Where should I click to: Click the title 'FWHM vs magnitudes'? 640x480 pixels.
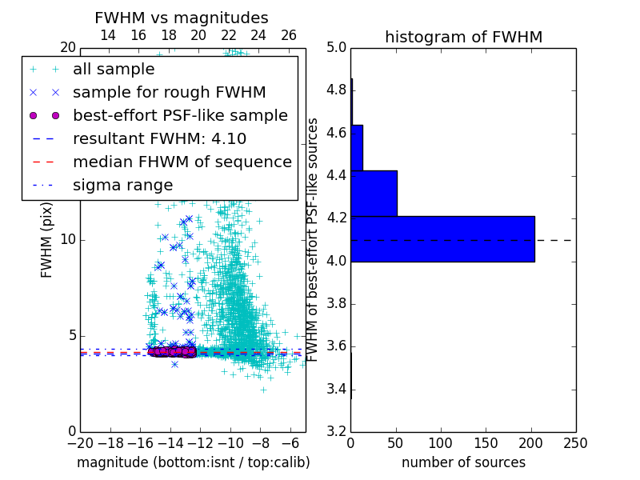pyautogui.click(x=181, y=18)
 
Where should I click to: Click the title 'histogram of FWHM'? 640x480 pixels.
pyautogui.click(x=463, y=37)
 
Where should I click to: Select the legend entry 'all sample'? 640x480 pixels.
pyautogui.click(x=114, y=70)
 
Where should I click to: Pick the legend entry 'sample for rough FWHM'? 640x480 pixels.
pyautogui.click(x=169, y=92)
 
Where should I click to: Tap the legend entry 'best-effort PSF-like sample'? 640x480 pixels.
pyautogui.click(x=180, y=115)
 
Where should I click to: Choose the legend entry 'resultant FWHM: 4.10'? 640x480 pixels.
pyautogui.click(x=159, y=138)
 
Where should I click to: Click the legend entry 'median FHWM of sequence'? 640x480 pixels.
pyautogui.click(x=182, y=162)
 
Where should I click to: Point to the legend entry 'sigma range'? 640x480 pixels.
pyautogui.click(x=122, y=186)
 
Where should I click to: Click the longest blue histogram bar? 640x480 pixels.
pyautogui.click(x=442, y=238)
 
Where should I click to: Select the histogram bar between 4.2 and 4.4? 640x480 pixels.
pyautogui.click(x=374, y=193)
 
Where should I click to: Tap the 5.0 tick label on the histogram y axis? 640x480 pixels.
pyautogui.click(x=336, y=47)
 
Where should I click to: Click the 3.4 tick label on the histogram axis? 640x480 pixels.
pyautogui.click(x=336, y=390)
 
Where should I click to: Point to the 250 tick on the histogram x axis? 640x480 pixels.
pyautogui.click(x=575, y=443)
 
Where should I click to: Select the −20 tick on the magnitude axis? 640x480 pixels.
pyautogui.click(x=79, y=443)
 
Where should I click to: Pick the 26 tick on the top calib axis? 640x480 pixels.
pyautogui.click(x=289, y=35)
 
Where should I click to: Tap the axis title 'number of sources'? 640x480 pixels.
pyautogui.click(x=463, y=462)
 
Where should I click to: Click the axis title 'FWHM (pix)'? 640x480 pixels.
pyautogui.click(x=47, y=240)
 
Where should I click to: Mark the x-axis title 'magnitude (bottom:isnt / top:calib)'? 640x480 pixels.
pyautogui.click(x=193, y=462)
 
